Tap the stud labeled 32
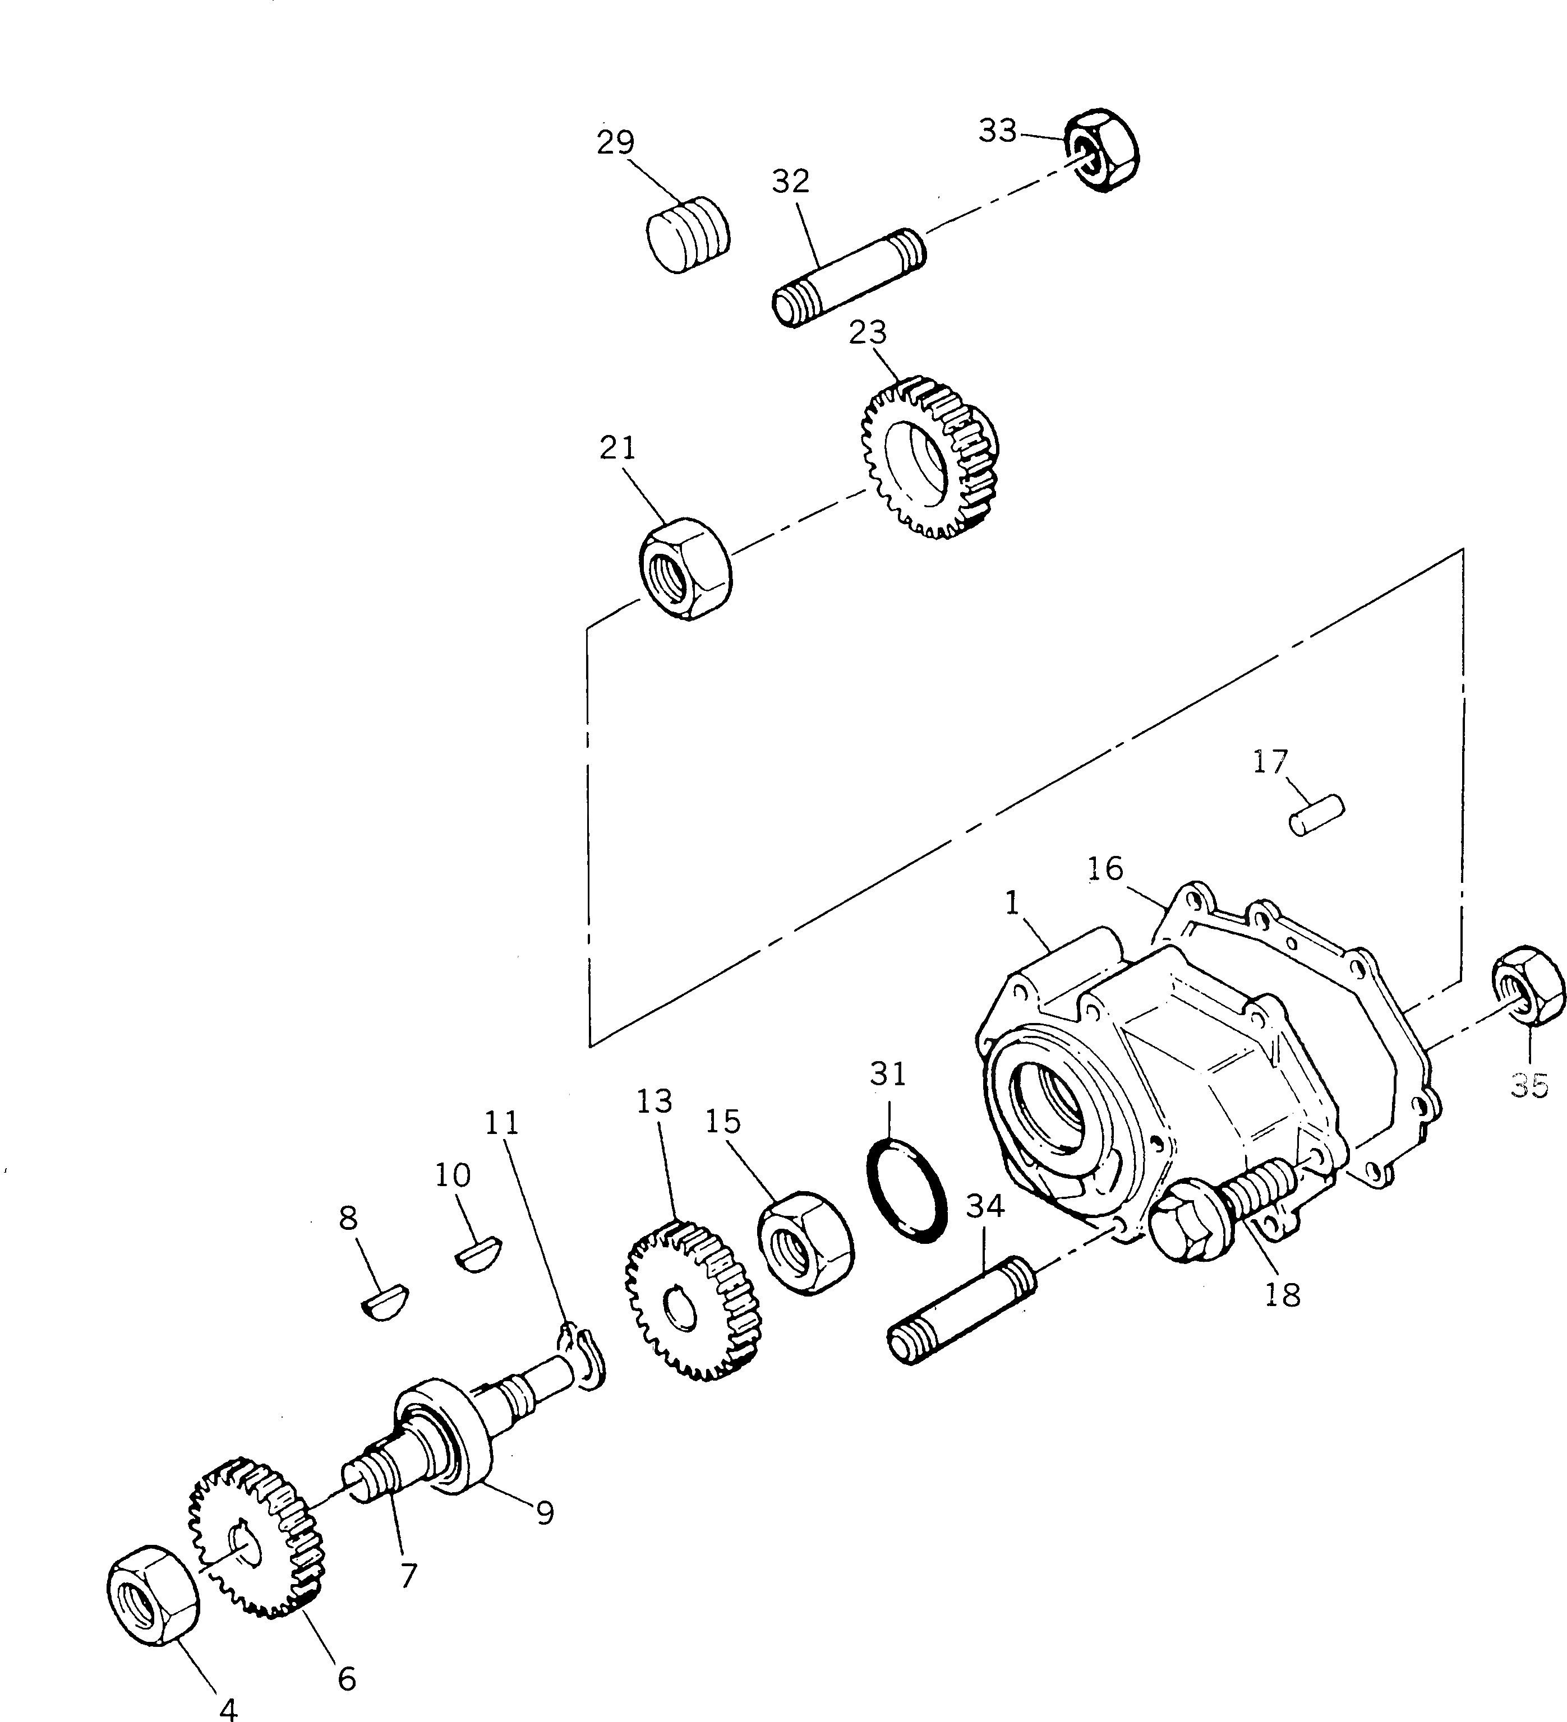pos(849,277)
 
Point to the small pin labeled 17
pos(1316,815)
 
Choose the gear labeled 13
pos(694,1302)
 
